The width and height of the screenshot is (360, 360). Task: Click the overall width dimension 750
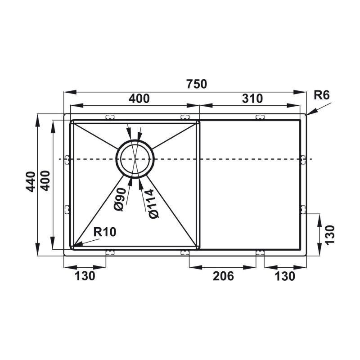point(197,84)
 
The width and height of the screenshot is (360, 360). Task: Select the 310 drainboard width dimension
point(252,99)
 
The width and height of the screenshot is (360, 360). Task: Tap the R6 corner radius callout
point(321,95)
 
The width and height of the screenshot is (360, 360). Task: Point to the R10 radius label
point(105,232)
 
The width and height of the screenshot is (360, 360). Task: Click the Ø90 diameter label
point(120,199)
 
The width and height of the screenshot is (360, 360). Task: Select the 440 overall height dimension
point(31,182)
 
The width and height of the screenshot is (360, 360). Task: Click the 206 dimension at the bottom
point(223,276)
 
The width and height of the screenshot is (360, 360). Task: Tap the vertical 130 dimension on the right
point(330,235)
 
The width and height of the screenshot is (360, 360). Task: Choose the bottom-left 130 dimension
point(85,276)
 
